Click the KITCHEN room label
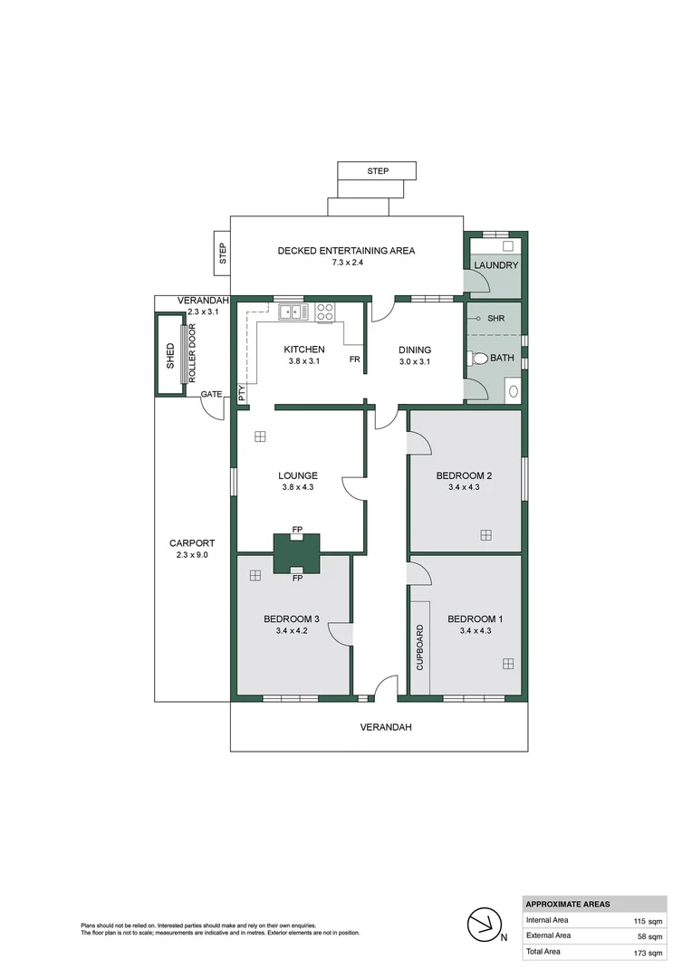(x=303, y=350)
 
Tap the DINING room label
(x=415, y=350)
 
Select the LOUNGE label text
(x=298, y=475)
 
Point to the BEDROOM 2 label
(x=464, y=475)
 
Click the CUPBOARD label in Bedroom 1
(x=419, y=647)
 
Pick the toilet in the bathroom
(x=478, y=359)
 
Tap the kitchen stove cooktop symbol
(x=325, y=312)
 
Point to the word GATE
(x=211, y=394)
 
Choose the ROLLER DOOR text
(x=191, y=354)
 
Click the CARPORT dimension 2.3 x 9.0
(x=192, y=555)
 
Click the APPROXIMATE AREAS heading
(x=568, y=904)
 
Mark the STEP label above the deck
(x=378, y=171)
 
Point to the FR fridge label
(x=356, y=360)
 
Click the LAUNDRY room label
(x=495, y=265)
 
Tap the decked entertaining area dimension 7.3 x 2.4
(x=346, y=263)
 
